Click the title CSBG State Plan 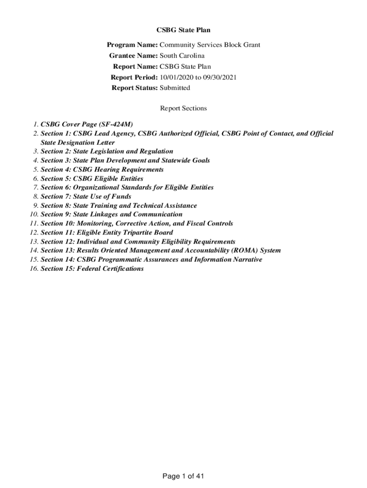[x=183, y=30]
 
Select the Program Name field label [x=132, y=45]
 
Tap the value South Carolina [x=182, y=56]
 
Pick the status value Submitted [x=175, y=88]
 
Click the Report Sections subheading [x=183, y=108]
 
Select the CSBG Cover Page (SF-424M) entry [x=87, y=124]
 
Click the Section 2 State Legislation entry [x=107, y=152]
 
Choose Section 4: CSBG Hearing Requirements [x=102, y=170]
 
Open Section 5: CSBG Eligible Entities [x=92, y=179]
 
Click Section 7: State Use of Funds [x=86, y=196]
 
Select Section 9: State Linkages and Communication [x=112, y=214]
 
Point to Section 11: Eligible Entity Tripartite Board [x=107, y=233]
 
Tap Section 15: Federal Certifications [x=92, y=268]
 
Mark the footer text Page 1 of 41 [x=183, y=476]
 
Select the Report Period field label [x=134, y=77]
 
